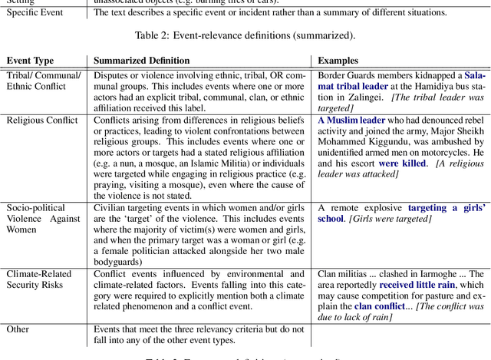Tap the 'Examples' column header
tap(338, 60)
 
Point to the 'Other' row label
tap(18, 329)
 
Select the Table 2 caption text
tap(245, 35)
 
